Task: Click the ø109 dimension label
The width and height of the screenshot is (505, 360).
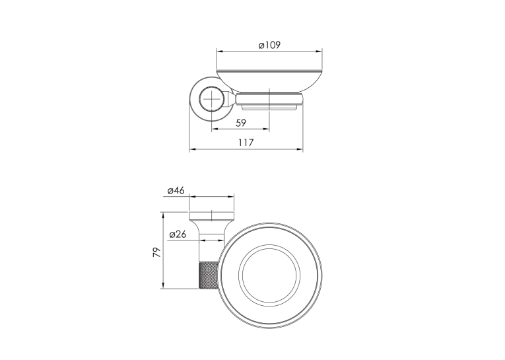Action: pyautogui.click(x=269, y=45)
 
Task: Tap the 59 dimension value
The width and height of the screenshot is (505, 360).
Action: pyautogui.click(x=241, y=123)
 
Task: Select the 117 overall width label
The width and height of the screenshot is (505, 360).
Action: pyautogui.click(x=246, y=142)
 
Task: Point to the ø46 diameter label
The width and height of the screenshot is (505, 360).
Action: pyautogui.click(x=176, y=190)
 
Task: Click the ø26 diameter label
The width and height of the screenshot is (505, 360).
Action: pyautogui.click(x=178, y=234)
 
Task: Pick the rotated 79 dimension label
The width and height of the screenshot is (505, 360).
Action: pyautogui.click(x=156, y=252)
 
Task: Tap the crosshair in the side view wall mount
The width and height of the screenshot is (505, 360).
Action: pyautogui.click(x=212, y=98)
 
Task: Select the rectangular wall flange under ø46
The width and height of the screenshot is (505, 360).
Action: pyautogui.click(x=212, y=215)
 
